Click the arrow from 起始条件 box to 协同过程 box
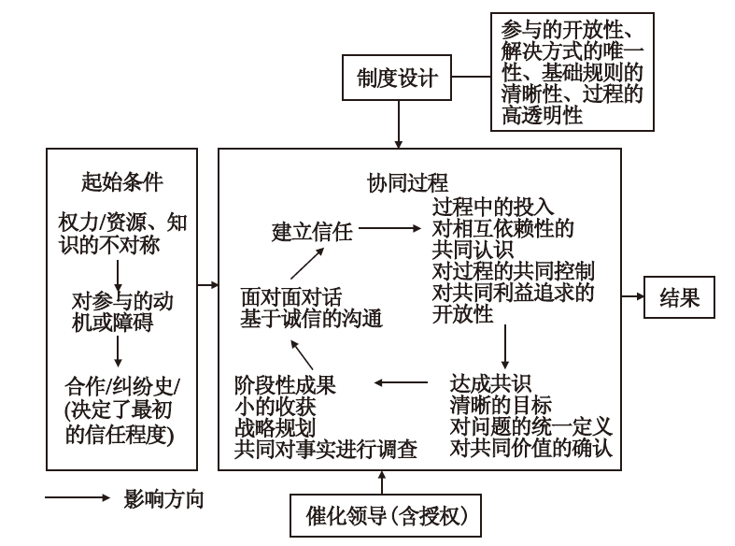(x=207, y=281)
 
